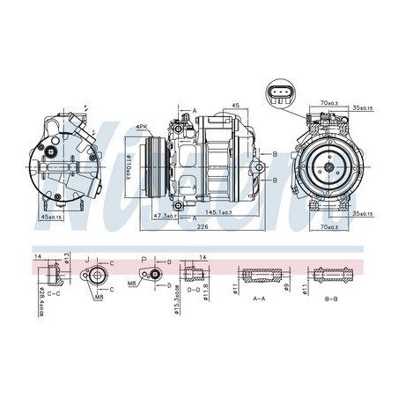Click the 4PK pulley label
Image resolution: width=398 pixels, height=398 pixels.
point(144,127)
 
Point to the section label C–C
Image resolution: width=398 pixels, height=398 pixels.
point(53,293)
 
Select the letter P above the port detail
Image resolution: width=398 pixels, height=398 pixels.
point(143,258)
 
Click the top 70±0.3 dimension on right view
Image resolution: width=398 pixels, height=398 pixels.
point(330,104)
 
